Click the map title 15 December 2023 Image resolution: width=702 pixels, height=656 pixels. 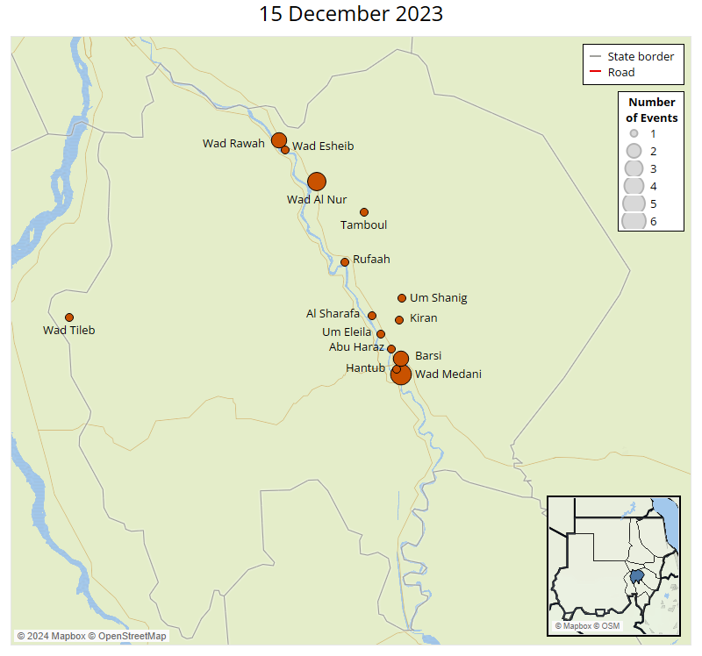[351, 15]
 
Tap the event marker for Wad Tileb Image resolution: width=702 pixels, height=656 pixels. [69, 317]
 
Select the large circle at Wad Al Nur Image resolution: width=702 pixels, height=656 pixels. [317, 182]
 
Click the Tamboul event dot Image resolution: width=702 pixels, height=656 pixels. [364, 212]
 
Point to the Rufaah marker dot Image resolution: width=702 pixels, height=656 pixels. [345, 262]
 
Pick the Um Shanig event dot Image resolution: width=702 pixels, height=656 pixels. [402, 298]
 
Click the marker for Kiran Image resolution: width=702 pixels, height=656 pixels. [399, 320]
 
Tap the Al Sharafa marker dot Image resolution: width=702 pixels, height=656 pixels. [372, 316]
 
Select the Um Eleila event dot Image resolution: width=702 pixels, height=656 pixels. [381, 334]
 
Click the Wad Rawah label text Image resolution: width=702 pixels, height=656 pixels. [233, 144]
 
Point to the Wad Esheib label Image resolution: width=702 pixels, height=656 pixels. [323, 146]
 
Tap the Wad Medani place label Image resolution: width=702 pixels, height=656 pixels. [448, 374]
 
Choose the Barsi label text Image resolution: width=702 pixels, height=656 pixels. [428, 355]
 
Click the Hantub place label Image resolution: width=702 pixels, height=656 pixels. [365, 368]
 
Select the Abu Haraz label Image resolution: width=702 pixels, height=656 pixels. [356, 347]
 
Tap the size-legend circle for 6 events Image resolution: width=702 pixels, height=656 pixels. [633, 221]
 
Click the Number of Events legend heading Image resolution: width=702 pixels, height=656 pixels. [651, 110]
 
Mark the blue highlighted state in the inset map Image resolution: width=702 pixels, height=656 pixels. [636, 579]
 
